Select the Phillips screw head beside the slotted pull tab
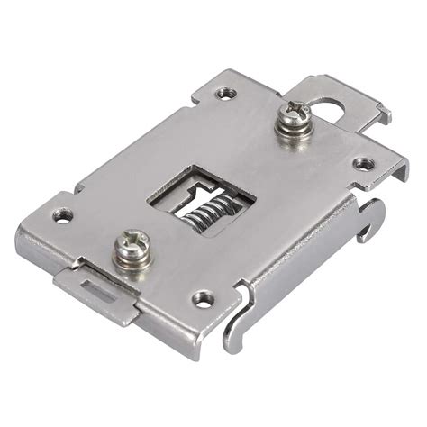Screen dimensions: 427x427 pyautogui.click(x=132, y=243)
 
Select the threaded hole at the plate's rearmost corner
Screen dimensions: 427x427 pyautogui.click(x=225, y=92)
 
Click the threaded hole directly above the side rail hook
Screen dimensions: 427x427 pyautogui.click(x=363, y=163)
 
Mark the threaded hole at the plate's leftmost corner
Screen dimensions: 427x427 pyautogui.click(x=61, y=215)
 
